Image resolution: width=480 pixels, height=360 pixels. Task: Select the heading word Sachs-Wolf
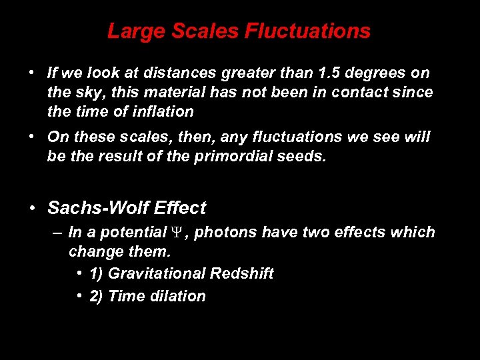(x=98, y=208)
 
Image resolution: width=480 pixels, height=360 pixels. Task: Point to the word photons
(x=225, y=233)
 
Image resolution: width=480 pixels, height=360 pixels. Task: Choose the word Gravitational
(x=157, y=273)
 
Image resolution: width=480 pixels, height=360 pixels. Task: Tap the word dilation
(x=177, y=296)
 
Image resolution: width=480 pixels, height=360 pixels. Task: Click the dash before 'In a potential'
(x=57, y=233)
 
